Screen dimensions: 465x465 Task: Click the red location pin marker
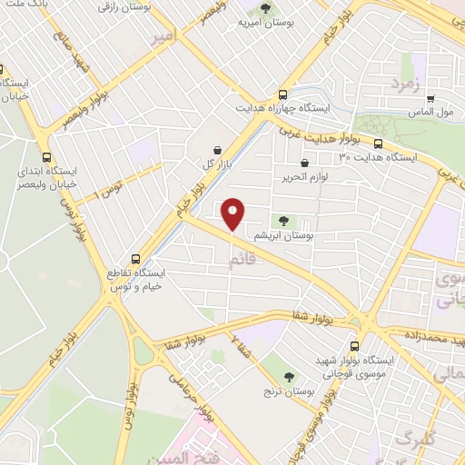[x=233, y=213]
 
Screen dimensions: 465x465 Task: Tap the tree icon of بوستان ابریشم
[x=285, y=221]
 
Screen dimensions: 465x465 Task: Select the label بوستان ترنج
[x=291, y=392]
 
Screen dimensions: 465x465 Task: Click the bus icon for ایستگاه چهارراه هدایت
[x=284, y=94]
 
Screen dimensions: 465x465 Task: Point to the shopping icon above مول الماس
[x=431, y=99]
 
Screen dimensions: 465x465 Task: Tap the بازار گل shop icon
[x=217, y=151]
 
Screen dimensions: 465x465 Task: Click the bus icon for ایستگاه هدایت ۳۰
[x=378, y=143]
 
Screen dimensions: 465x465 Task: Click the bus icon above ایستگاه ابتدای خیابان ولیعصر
[x=46, y=155]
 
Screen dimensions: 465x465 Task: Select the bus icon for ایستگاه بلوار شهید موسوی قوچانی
[x=353, y=346]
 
